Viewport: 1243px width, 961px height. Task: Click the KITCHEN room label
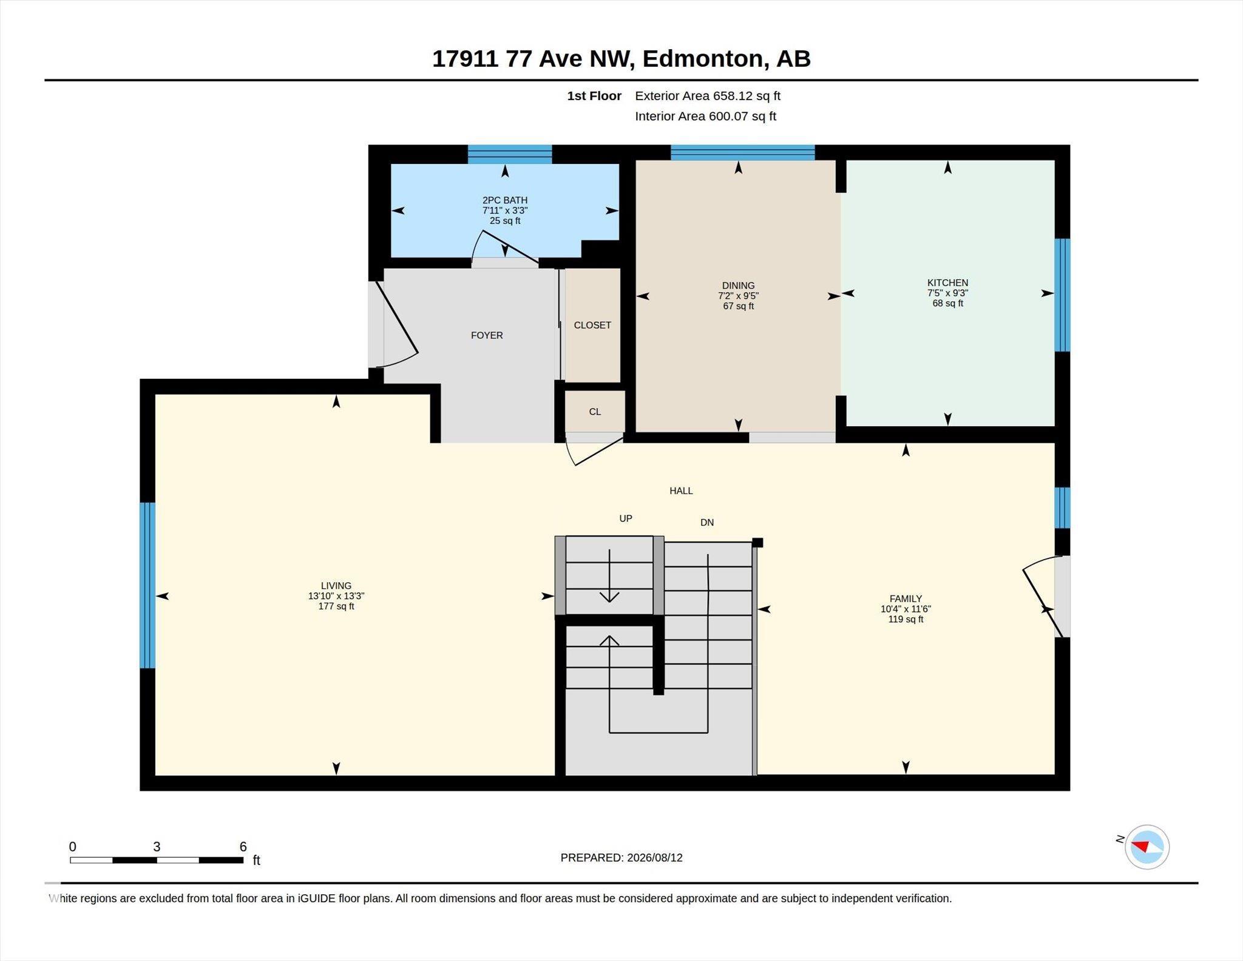[947, 283]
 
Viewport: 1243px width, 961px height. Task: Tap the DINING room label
[738, 286]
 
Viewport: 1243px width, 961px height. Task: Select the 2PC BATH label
[505, 200]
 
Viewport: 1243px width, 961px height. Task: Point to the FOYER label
[487, 335]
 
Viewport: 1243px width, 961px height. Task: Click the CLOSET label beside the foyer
[592, 325]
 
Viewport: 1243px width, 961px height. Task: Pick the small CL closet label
[595, 412]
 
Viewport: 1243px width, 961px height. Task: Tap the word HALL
[681, 491]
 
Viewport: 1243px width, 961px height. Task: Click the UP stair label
[626, 518]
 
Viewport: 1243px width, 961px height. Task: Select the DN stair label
[707, 522]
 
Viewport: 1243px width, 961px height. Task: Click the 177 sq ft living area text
[336, 606]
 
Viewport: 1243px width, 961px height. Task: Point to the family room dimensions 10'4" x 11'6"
[906, 609]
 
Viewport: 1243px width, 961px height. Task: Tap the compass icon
[1147, 847]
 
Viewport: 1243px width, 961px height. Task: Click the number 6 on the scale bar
[243, 847]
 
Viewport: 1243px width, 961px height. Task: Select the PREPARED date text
[621, 858]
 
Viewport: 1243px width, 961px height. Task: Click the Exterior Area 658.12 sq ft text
[708, 96]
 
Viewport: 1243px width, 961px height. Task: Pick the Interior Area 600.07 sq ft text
[706, 116]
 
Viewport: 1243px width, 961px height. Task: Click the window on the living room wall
[147, 585]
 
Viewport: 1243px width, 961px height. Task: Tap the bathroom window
[510, 154]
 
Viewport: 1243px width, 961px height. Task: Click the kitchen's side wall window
[1062, 295]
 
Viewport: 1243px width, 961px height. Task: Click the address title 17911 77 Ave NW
[533, 59]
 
